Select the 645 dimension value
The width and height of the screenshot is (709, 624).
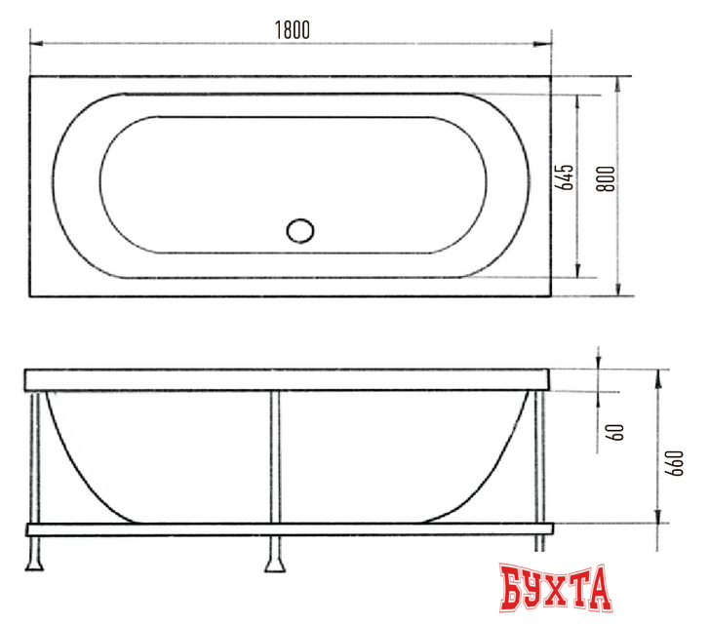point(563,182)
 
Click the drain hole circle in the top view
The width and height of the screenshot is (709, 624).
point(300,232)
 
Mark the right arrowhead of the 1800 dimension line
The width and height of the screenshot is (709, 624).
point(547,43)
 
